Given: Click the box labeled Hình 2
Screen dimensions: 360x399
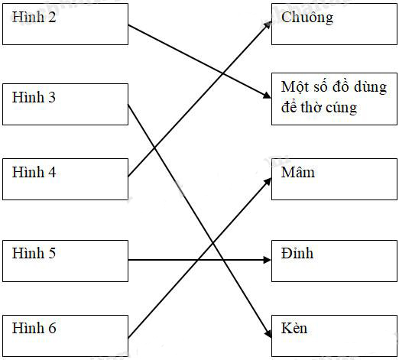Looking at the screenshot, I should click(x=65, y=24).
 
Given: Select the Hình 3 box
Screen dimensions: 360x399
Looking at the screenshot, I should click(x=65, y=104).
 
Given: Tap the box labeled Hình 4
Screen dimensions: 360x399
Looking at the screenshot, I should click(x=65, y=179).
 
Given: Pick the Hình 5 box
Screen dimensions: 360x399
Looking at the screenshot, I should click(x=65, y=260).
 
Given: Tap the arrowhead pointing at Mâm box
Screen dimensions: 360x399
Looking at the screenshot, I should click(x=268, y=180).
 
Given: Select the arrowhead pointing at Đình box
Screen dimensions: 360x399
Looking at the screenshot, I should click(x=267, y=260).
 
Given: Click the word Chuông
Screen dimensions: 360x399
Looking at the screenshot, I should click(x=307, y=17).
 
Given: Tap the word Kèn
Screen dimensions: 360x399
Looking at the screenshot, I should click(x=294, y=328).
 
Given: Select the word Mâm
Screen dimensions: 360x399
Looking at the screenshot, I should click(x=298, y=172).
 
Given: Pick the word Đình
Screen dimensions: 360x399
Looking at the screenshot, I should click(x=297, y=252).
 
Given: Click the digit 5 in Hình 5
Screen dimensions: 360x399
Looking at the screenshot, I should click(x=51, y=253).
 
